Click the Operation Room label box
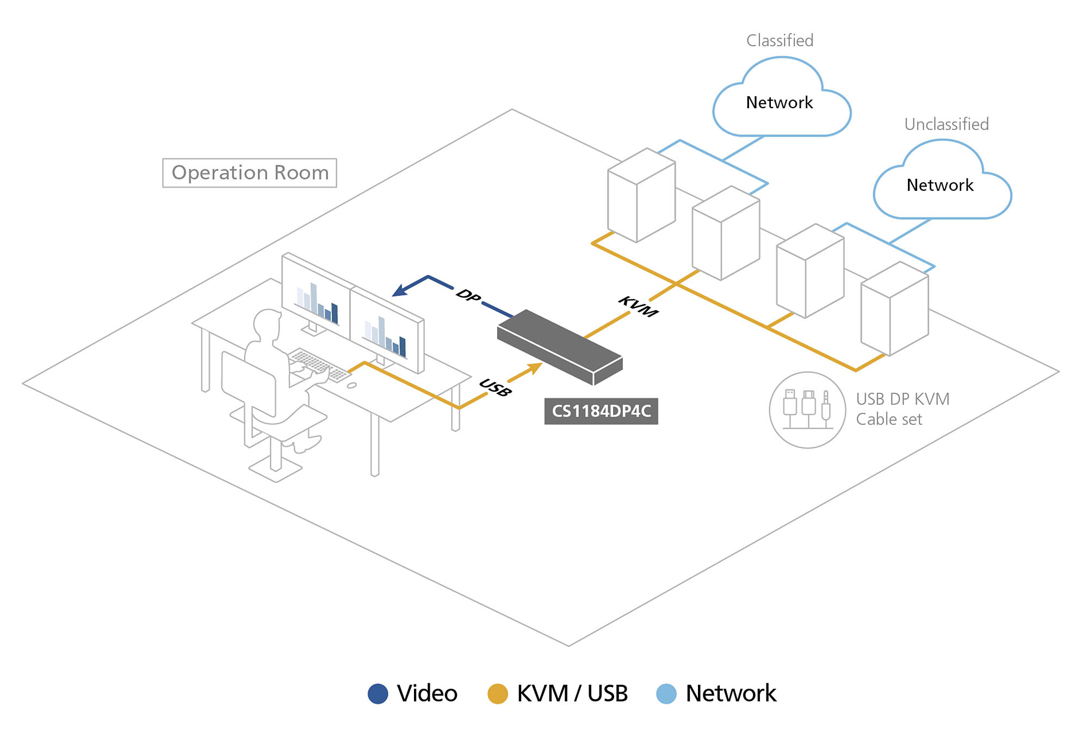tap(250, 173)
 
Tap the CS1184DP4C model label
tap(601, 411)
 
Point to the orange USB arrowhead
tap(535, 368)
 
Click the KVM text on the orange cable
tap(638, 306)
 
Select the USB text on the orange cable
tap(495, 387)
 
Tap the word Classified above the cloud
tap(780, 41)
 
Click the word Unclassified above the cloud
tap(946, 125)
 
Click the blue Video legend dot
tap(378, 694)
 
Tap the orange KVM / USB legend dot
tap(497, 694)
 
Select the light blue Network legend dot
tap(666, 694)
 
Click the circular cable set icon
tap(807, 410)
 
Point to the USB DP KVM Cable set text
tap(902, 409)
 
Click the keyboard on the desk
tap(320, 365)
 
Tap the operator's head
tap(267, 324)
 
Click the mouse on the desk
tap(352, 385)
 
